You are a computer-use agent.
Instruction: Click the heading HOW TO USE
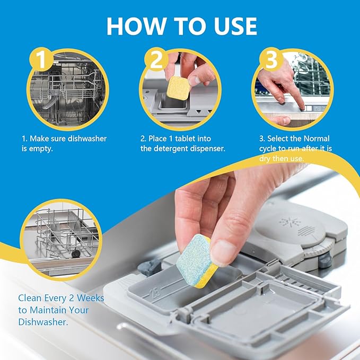point(181,25)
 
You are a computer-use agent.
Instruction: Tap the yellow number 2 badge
point(155,60)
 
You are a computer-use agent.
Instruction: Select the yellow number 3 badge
point(271,60)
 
